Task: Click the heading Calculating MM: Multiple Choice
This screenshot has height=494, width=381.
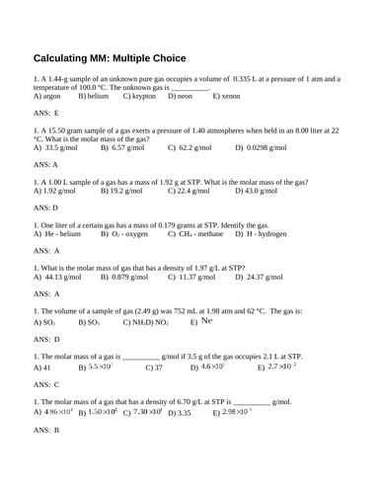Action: (123, 57)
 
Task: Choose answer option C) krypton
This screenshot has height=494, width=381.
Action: (141, 96)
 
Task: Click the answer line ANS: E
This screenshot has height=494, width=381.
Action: (47, 114)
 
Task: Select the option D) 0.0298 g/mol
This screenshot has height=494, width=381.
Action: (269, 147)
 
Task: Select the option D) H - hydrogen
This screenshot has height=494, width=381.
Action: (280, 233)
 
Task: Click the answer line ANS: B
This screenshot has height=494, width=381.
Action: (47, 430)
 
